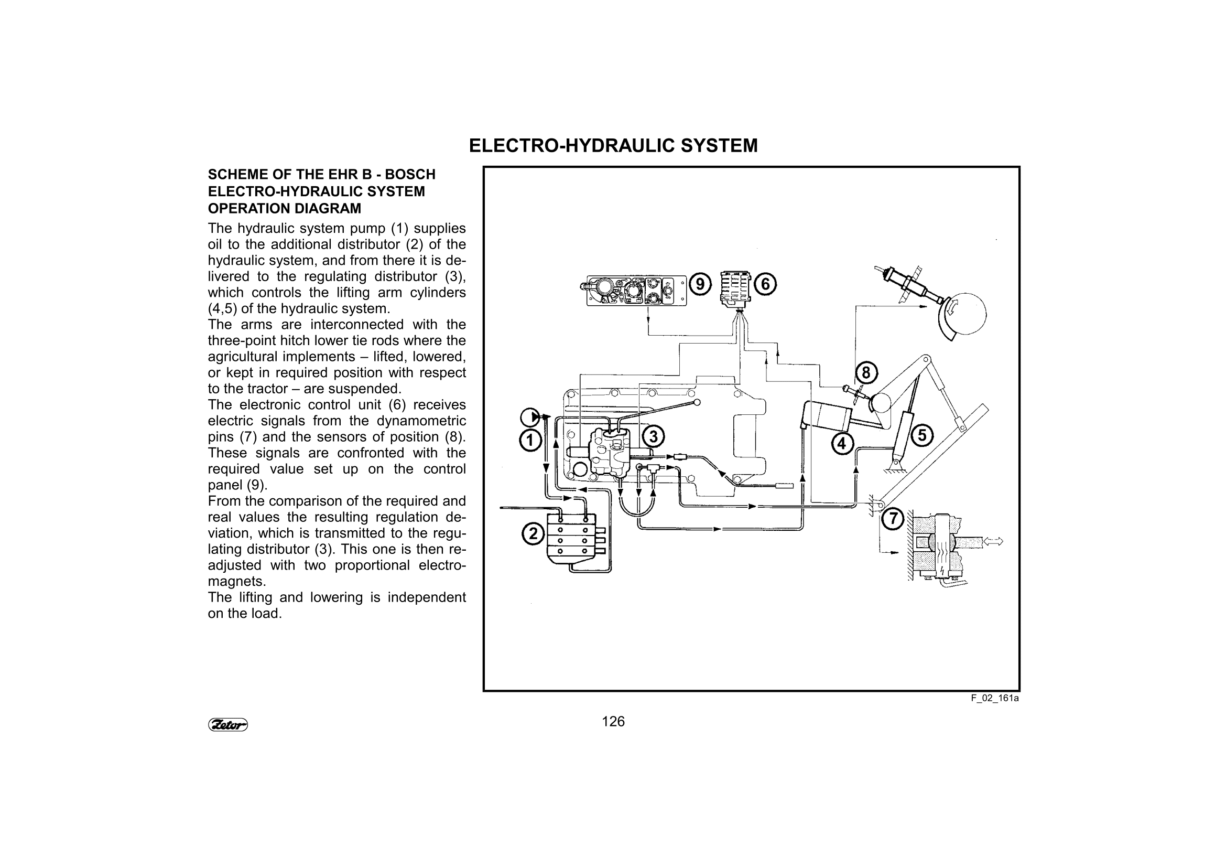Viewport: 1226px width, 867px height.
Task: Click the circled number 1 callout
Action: click(x=530, y=441)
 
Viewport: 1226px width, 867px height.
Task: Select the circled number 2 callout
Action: click(x=533, y=533)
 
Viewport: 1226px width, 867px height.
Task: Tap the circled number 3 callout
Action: click(x=653, y=437)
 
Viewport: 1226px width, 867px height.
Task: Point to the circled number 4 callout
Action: click(x=842, y=443)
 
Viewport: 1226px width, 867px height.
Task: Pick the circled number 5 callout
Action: click(x=922, y=435)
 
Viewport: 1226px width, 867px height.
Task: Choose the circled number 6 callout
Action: click(x=765, y=284)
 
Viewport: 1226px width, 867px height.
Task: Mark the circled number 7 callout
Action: click(x=892, y=518)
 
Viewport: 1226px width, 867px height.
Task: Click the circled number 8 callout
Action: click(x=866, y=373)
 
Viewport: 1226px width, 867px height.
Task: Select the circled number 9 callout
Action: click(x=700, y=284)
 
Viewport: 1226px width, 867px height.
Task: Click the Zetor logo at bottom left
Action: click(x=228, y=725)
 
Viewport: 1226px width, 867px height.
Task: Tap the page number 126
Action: click(x=613, y=722)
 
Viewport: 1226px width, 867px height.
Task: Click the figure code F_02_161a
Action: click(x=995, y=698)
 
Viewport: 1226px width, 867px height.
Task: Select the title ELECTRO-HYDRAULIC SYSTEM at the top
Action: click(x=613, y=146)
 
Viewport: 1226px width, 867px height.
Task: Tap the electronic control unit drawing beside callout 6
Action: click(x=735, y=289)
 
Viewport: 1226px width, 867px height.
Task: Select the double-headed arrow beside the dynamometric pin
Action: click(x=993, y=541)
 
